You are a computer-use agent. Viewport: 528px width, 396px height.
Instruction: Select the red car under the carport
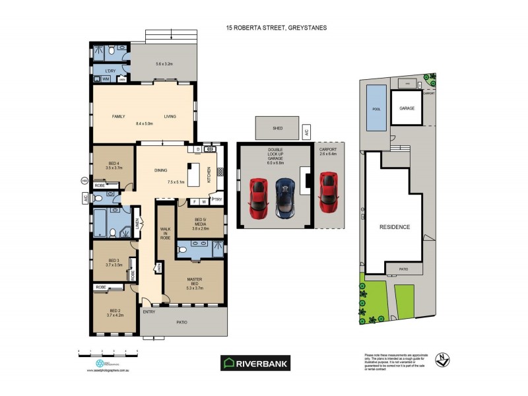327,191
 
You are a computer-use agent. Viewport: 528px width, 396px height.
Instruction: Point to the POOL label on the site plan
376,108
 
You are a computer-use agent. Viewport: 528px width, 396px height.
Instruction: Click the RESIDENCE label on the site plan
394,227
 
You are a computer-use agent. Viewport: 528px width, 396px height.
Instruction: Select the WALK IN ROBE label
165,233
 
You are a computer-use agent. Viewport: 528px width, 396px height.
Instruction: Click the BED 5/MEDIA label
200,223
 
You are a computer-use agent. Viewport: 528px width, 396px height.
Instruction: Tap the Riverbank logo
255,362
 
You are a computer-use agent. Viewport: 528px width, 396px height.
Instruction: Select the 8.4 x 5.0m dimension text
144,123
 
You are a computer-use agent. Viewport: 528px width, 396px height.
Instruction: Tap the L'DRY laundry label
110,71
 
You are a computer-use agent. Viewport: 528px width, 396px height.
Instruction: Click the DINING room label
160,170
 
